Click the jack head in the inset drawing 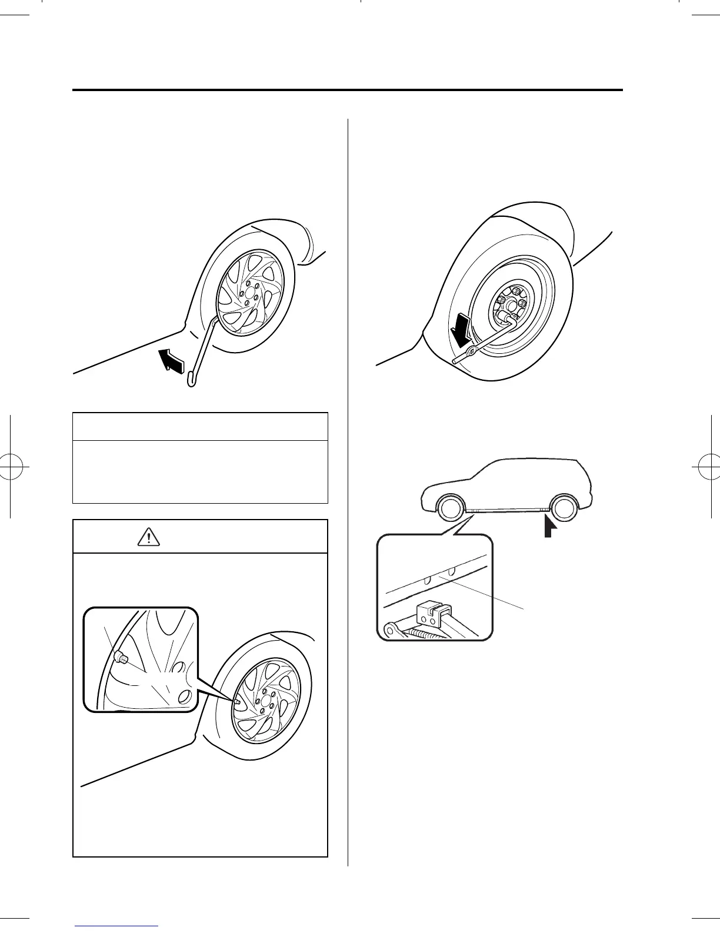431,614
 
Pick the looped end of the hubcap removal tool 191,380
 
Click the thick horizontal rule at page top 347,91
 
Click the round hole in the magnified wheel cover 184,696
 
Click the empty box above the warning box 199,457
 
